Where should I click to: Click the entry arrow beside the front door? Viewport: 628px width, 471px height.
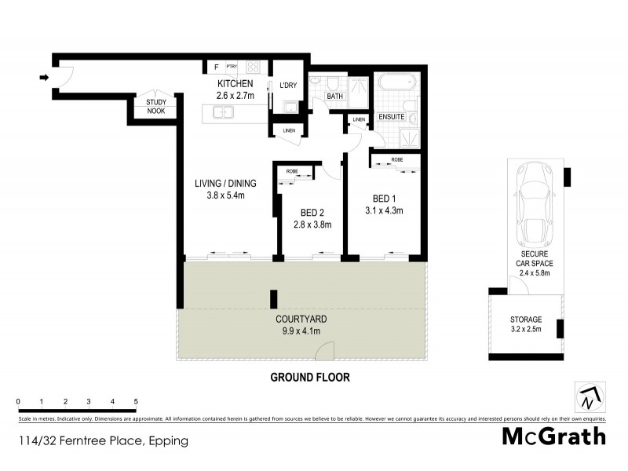point(44,77)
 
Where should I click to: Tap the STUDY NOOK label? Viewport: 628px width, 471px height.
point(150,107)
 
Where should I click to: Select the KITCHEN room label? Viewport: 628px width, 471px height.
point(235,84)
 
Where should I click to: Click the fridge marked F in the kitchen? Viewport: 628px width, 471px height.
point(214,68)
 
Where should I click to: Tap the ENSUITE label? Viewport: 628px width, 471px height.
point(391,117)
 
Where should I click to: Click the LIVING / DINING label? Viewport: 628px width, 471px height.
point(225,184)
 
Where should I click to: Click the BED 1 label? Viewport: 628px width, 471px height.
point(384,197)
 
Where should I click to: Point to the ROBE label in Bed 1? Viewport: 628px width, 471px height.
point(396,159)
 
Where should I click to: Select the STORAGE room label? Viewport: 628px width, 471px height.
point(527,319)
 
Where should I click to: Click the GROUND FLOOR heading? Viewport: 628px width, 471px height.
point(310,377)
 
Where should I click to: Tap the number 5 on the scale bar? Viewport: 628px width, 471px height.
point(136,401)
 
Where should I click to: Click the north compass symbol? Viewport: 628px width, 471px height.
point(587,397)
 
